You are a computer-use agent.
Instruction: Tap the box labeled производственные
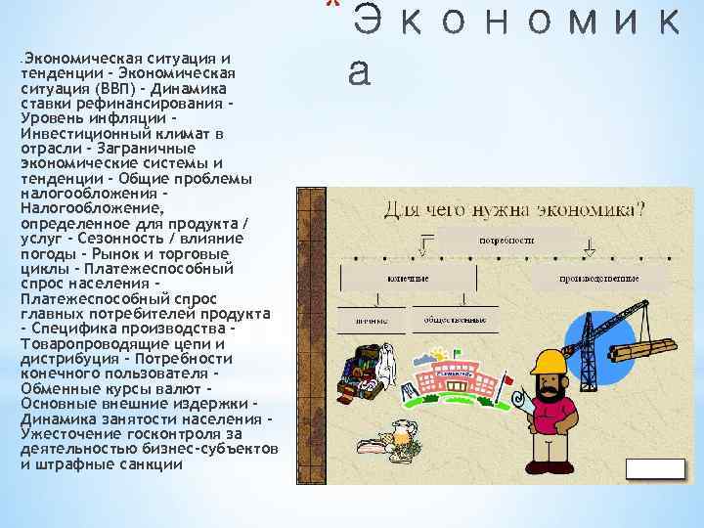(x=598, y=278)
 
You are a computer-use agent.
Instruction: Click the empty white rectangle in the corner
(x=654, y=468)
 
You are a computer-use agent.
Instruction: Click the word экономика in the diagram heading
(x=591, y=208)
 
